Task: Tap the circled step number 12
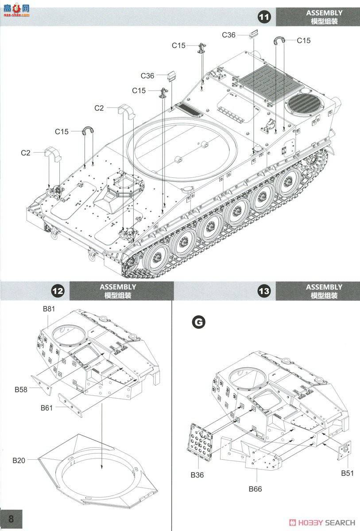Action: [x=58, y=291]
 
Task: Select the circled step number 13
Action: [x=264, y=291]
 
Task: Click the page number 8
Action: [x=11, y=519]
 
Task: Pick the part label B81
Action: [x=49, y=309]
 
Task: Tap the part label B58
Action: [x=21, y=389]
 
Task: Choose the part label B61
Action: [x=46, y=408]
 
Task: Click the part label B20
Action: [x=19, y=461]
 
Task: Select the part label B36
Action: [x=197, y=475]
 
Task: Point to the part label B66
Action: [x=255, y=489]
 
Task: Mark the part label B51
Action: [x=348, y=473]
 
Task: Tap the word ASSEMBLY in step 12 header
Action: [x=118, y=287]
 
